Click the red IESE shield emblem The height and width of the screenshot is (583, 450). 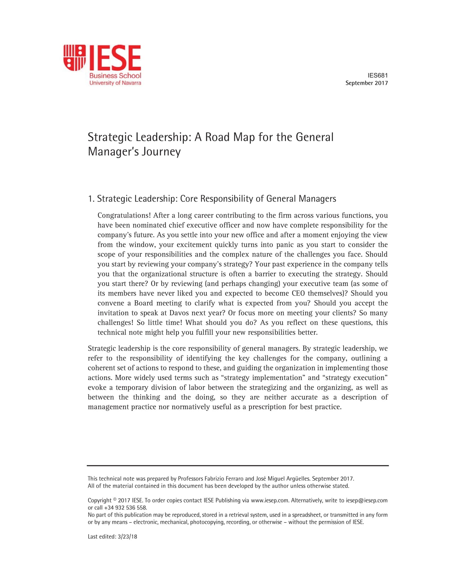click(x=74, y=58)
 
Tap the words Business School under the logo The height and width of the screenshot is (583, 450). click(x=115, y=76)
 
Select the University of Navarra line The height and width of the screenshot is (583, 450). click(x=115, y=83)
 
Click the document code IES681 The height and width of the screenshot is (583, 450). click(x=377, y=75)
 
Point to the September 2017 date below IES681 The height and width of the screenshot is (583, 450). click(x=367, y=83)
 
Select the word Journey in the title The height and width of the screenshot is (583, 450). click(x=161, y=152)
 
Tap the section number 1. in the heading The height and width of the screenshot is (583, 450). click(x=91, y=199)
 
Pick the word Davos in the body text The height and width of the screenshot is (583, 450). click(x=180, y=313)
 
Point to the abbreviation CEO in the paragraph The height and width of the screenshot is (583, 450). click(x=298, y=293)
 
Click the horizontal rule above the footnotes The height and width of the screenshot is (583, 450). click(x=238, y=465)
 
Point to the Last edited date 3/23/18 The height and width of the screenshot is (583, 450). click(x=127, y=537)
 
